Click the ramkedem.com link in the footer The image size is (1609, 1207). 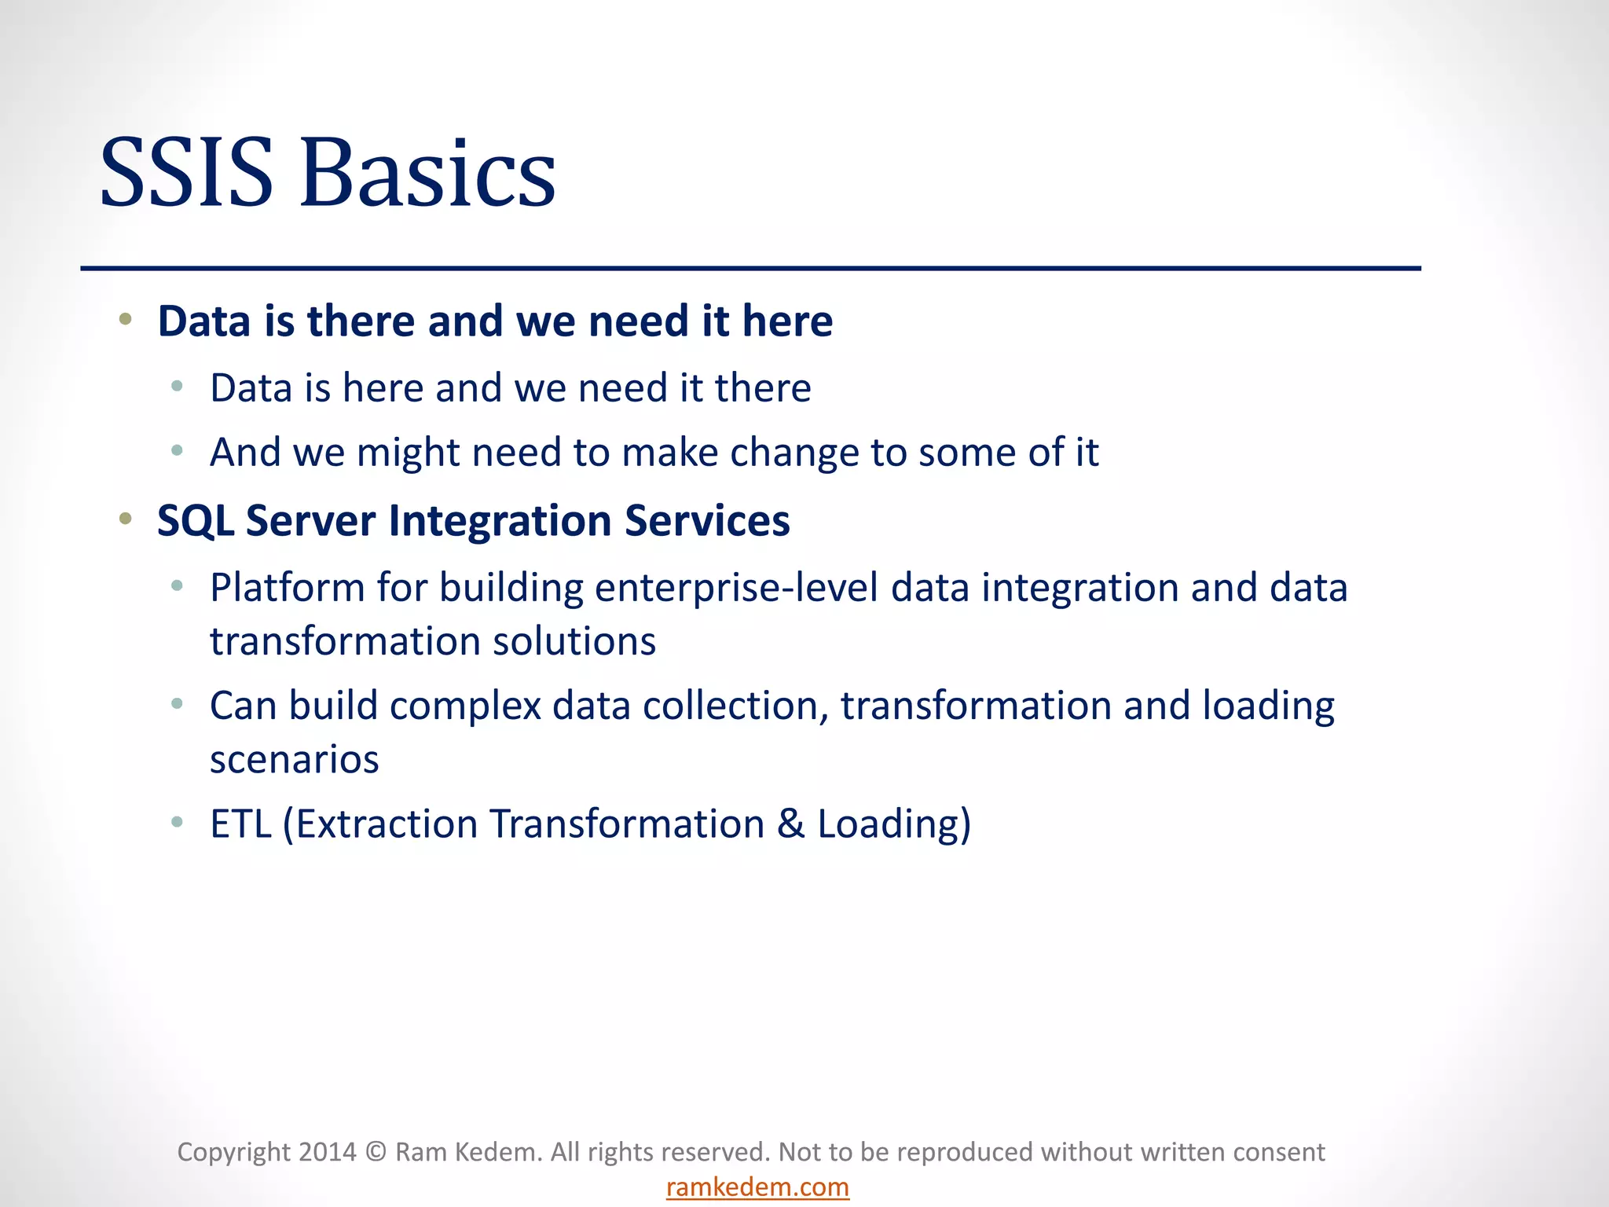click(x=757, y=1187)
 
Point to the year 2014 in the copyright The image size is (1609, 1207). click(x=327, y=1152)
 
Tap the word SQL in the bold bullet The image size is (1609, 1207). click(x=196, y=521)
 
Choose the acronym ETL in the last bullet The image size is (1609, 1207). click(x=240, y=824)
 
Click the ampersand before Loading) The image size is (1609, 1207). click(x=791, y=824)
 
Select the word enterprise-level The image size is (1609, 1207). click(x=736, y=589)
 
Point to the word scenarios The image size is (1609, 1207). click(x=295, y=760)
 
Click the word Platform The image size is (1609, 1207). click(x=287, y=589)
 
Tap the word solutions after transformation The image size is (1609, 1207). click(x=574, y=642)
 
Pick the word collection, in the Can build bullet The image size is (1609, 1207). click(x=735, y=706)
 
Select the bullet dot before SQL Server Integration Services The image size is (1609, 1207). click(x=126, y=519)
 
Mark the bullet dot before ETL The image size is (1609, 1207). click(x=178, y=822)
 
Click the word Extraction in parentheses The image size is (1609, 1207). click(x=387, y=824)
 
